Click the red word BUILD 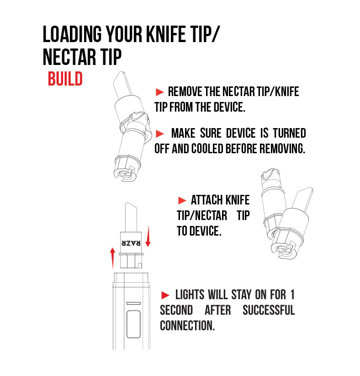pos(65,79)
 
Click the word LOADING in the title pos(72,34)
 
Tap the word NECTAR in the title pos(69,57)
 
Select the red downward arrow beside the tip pos(148,236)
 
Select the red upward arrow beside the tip pos(112,258)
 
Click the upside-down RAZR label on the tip pos(131,243)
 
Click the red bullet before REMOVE pos(160,92)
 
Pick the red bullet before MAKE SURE pos(160,134)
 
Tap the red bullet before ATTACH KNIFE pos(182,200)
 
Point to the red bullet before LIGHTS pos(165,295)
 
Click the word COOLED pos(207,149)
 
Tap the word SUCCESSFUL pos(269,310)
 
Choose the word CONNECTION pos(187,326)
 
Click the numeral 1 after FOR pos(292,295)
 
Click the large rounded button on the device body pos(133,324)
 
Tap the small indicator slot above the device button pos(133,303)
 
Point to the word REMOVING pos(282,149)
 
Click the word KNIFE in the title pos(166,34)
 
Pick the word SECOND pos(176,310)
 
